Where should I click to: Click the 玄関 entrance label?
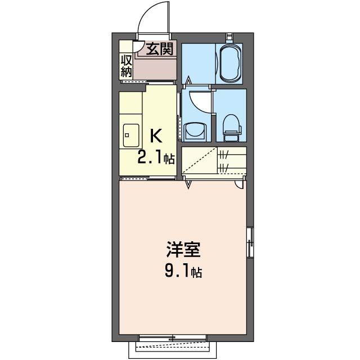tap(160, 49)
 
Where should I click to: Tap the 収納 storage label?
tap(125, 66)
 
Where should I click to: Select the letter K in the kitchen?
tap(156, 136)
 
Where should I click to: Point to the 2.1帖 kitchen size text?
tap(156, 158)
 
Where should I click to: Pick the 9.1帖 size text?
tap(180, 273)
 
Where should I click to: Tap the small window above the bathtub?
tap(229, 37)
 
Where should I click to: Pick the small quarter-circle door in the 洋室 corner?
tap(240, 183)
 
